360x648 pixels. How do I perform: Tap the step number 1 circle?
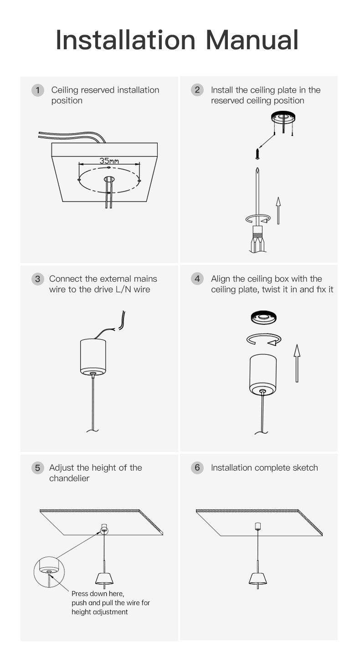tap(37, 90)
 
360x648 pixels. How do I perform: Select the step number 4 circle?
tap(197, 279)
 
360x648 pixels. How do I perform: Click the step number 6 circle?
tap(197, 468)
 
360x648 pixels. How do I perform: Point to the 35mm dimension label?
tap(109, 161)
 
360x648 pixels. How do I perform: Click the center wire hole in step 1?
tap(109, 179)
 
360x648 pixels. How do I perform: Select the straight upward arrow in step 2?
tap(278, 211)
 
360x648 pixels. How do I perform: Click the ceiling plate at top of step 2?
tap(283, 117)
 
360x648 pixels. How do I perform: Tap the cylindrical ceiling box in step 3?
tap(93, 357)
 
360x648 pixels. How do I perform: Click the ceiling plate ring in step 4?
tap(263, 318)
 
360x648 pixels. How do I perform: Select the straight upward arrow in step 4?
tap(297, 363)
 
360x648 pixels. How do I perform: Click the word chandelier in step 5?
tap(69, 478)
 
